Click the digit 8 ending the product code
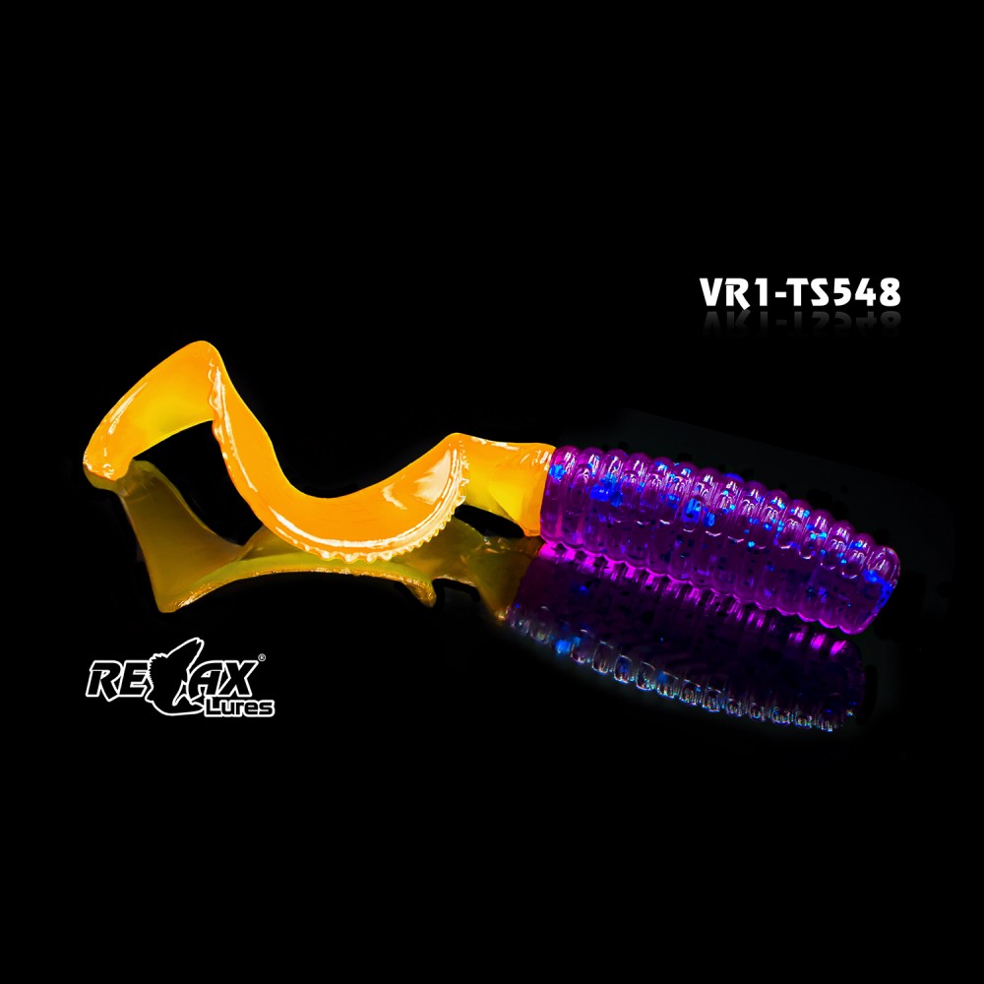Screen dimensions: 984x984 890,292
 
